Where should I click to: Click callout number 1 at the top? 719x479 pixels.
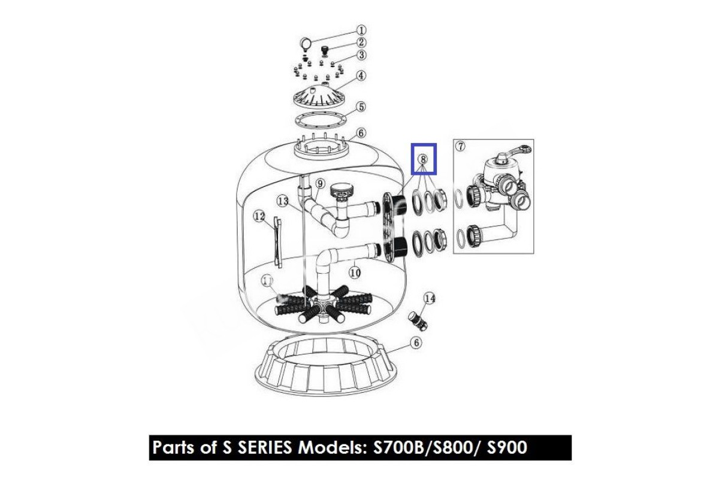coord(361,31)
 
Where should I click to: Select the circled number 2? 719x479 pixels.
coord(361,43)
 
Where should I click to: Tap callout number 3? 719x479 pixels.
coord(361,55)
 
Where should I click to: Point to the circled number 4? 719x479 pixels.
coord(361,76)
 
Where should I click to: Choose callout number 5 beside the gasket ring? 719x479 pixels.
coord(361,107)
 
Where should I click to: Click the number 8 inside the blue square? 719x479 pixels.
coord(424,159)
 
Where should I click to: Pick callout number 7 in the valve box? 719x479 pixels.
coord(461,146)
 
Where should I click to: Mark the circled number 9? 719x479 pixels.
coord(320,184)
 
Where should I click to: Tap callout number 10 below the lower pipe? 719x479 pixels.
coord(355,272)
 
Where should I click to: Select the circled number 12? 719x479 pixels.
coord(259,216)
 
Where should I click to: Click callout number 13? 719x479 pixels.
coord(283,202)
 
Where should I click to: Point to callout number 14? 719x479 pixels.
coord(430,298)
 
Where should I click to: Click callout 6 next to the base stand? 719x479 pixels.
coord(416,343)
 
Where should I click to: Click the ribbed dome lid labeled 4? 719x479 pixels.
coord(321,95)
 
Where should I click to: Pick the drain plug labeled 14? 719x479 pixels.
coord(418,320)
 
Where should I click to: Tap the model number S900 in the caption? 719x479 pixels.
coord(507,447)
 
